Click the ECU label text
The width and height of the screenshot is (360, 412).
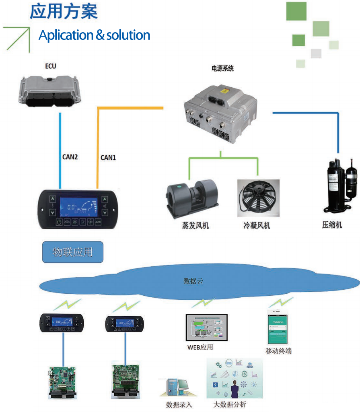click(51, 66)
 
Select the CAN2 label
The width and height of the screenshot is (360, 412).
click(70, 157)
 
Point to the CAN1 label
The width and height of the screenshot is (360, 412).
click(108, 157)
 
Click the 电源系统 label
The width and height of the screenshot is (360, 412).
click(222, 69)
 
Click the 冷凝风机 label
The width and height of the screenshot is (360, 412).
click(257, 226)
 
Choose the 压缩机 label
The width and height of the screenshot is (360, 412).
click(332, 225)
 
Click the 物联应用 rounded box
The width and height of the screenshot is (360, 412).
click(73, 252)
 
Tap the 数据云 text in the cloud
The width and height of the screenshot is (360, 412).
click(193, 281)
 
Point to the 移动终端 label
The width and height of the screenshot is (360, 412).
click(278, 351)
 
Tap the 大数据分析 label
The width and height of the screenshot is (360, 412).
click(230, 404)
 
